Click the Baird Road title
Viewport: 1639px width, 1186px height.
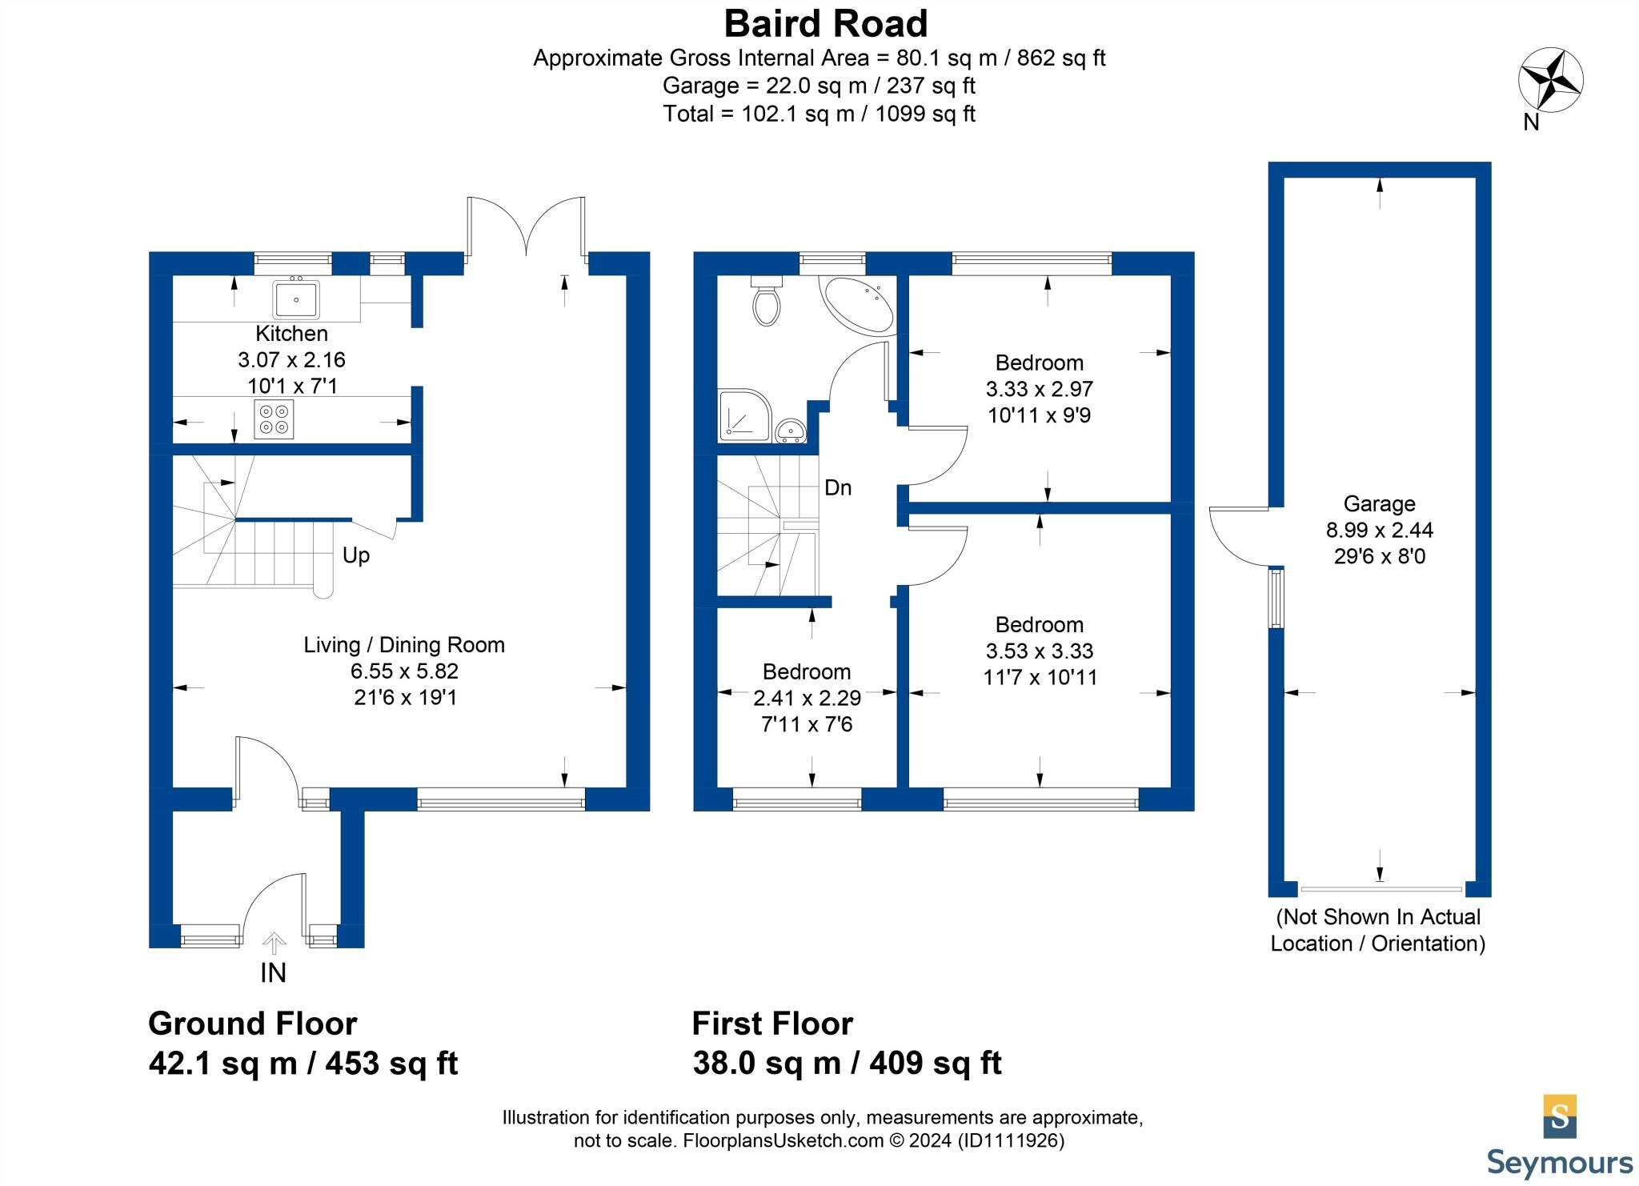pos(826,24)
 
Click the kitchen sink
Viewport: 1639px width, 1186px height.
pos(296,299)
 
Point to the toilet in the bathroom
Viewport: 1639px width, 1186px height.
pos(767,304)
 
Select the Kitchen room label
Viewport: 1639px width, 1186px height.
pos(291,334)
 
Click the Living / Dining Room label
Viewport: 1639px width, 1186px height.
pos(404,645)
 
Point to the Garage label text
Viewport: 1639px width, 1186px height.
pos(1379,503)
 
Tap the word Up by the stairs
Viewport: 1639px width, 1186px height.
pos(356,555)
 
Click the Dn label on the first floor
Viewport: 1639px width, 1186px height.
pos(838,487)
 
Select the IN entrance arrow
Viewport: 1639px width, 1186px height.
pos(274,944)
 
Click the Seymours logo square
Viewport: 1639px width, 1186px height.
pos(1559,1116)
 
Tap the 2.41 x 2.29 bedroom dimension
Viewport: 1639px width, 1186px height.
pos(807,698)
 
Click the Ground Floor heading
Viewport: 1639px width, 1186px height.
pos(253,1024)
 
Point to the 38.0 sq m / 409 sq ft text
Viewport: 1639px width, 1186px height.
pos(847,1064)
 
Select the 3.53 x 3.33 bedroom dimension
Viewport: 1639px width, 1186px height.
pos(1040,651)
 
